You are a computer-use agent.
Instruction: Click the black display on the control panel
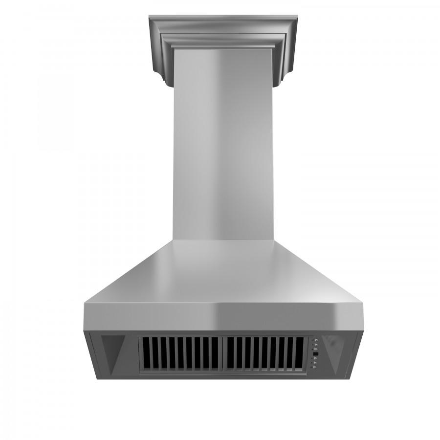[x=316, y=354]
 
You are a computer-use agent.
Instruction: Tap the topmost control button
[x=316, y=340]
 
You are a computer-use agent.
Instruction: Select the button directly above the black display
[x=315, y=349]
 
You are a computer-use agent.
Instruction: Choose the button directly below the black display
[x=315, y=358]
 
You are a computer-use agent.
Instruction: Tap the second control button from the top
[x=316, y=345]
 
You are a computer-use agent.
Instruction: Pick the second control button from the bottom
[x=315, y=363]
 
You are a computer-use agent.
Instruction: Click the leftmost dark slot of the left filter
[x=146, y=353]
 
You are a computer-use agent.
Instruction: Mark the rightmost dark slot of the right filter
[x=299, y=353]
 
